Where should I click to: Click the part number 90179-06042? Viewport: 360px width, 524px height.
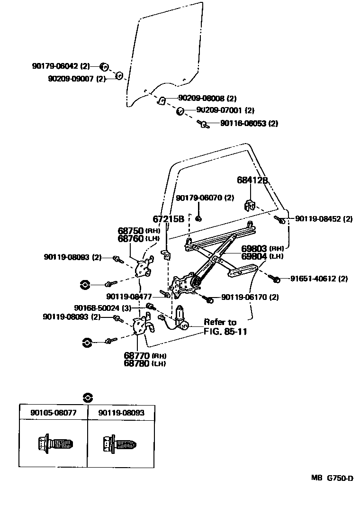[55, 66]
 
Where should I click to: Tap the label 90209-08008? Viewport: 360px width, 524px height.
[201, 99]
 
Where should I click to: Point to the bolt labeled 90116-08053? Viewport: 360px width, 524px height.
[203, 124]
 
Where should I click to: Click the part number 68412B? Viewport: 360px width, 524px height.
[252, 181]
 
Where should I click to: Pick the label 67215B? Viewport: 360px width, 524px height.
[168, 219]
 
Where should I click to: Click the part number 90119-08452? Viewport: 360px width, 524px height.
[318, 219]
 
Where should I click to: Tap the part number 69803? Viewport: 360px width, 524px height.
[255, 248]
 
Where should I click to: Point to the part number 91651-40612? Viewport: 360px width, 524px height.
[313, 279]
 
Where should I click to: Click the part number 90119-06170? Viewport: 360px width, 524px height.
[243, 298]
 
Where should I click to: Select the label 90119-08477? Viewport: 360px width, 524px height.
[129, 297]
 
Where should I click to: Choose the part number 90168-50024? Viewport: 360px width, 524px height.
[97, 307]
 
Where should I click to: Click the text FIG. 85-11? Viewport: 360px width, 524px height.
[225, 331]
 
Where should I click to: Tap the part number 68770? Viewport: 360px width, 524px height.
[137, 355]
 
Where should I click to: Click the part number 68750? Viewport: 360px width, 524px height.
[130, 231]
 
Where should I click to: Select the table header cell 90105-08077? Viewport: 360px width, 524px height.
[53, 413]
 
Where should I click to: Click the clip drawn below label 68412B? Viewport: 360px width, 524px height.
[250, 205]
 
